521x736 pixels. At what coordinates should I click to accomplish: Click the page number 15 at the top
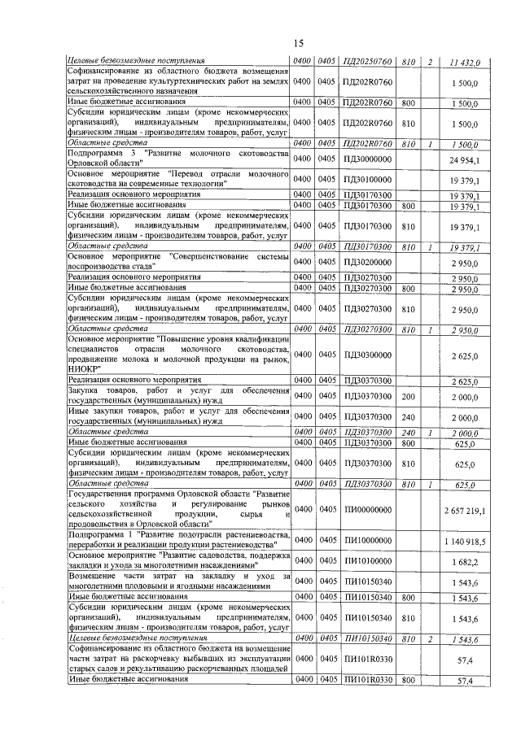click(298, 43)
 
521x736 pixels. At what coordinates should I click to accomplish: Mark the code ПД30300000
click(368, 355)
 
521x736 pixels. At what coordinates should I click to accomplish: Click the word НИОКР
click(82, 368)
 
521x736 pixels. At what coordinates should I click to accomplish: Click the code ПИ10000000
click(368, 542)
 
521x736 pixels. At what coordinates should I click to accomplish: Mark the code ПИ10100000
click(368, 562)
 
